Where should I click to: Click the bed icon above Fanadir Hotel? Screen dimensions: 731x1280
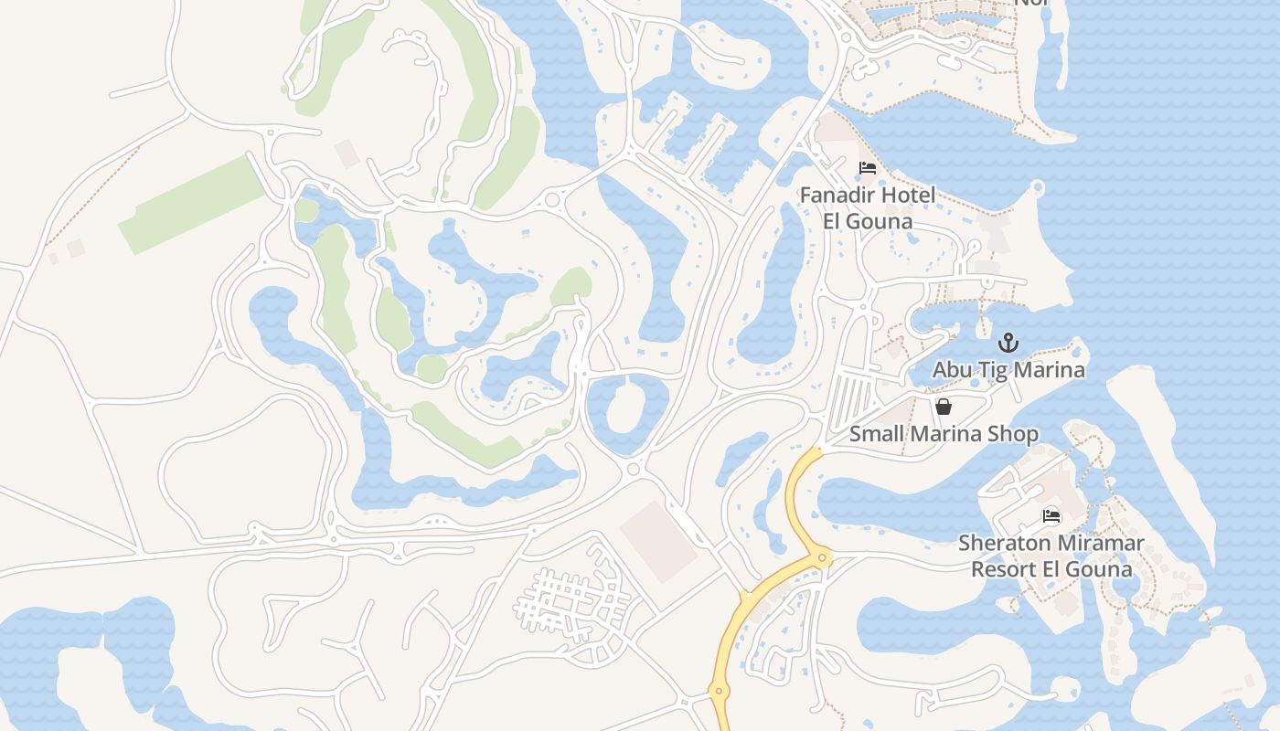pos(868,168)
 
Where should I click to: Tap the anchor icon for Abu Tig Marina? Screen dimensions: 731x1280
pos(1008,344)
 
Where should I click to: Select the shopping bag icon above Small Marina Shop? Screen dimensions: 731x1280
pos(943,407)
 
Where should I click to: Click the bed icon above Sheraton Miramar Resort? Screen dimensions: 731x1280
pos(1051,516)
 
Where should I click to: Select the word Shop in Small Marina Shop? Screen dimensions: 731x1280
pos(1012,434)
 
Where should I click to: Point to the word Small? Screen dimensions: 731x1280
pos(875,434)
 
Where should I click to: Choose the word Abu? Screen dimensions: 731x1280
pos(952,370)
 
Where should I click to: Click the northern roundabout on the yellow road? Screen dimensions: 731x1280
pos(823,556)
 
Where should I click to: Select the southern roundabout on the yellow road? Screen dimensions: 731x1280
pos(719,692)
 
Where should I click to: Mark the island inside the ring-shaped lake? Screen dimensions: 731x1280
pos(626,408)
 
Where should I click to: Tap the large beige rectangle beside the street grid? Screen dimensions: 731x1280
pos(659,540)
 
